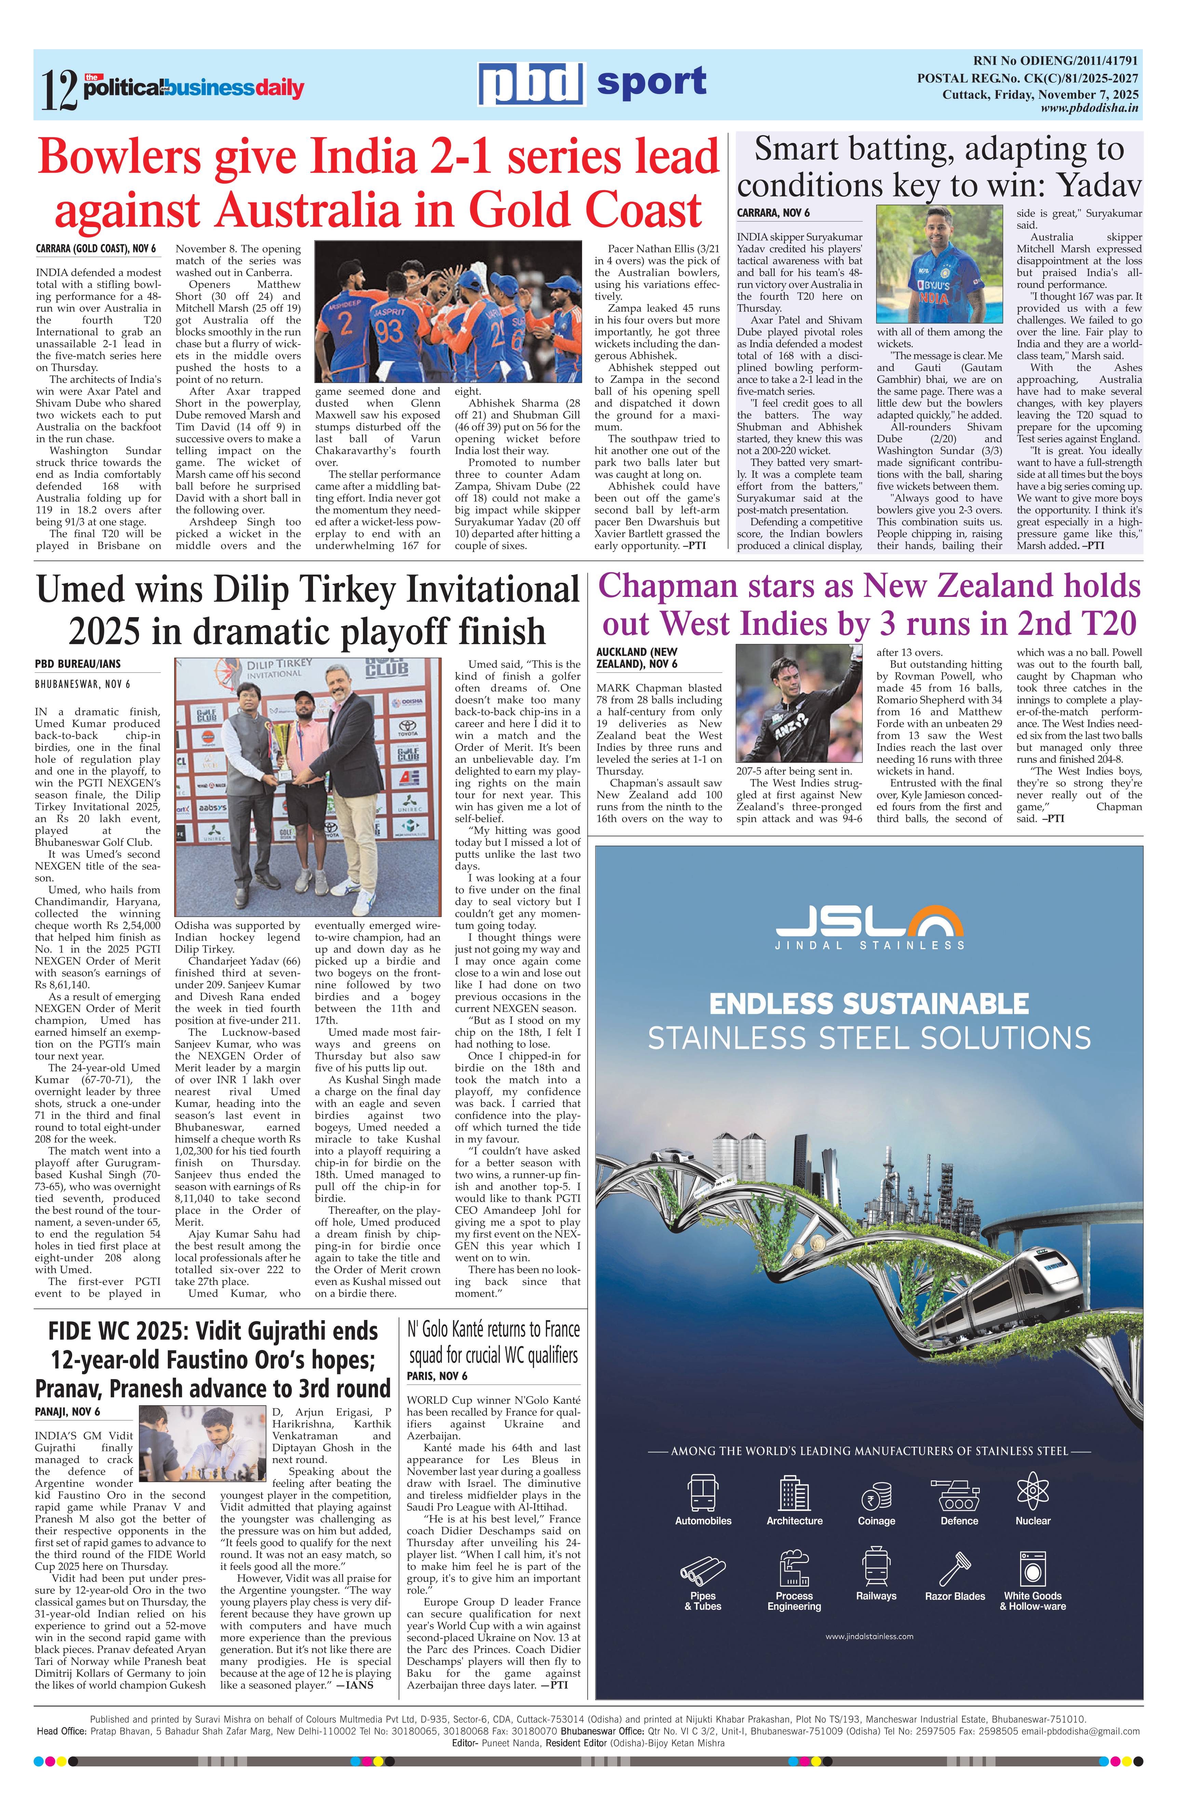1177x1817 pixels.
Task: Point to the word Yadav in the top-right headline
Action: click(1099, 186)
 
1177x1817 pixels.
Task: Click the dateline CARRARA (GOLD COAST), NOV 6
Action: click(95, 249)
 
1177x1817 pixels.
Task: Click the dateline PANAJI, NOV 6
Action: click(67, 1412)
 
